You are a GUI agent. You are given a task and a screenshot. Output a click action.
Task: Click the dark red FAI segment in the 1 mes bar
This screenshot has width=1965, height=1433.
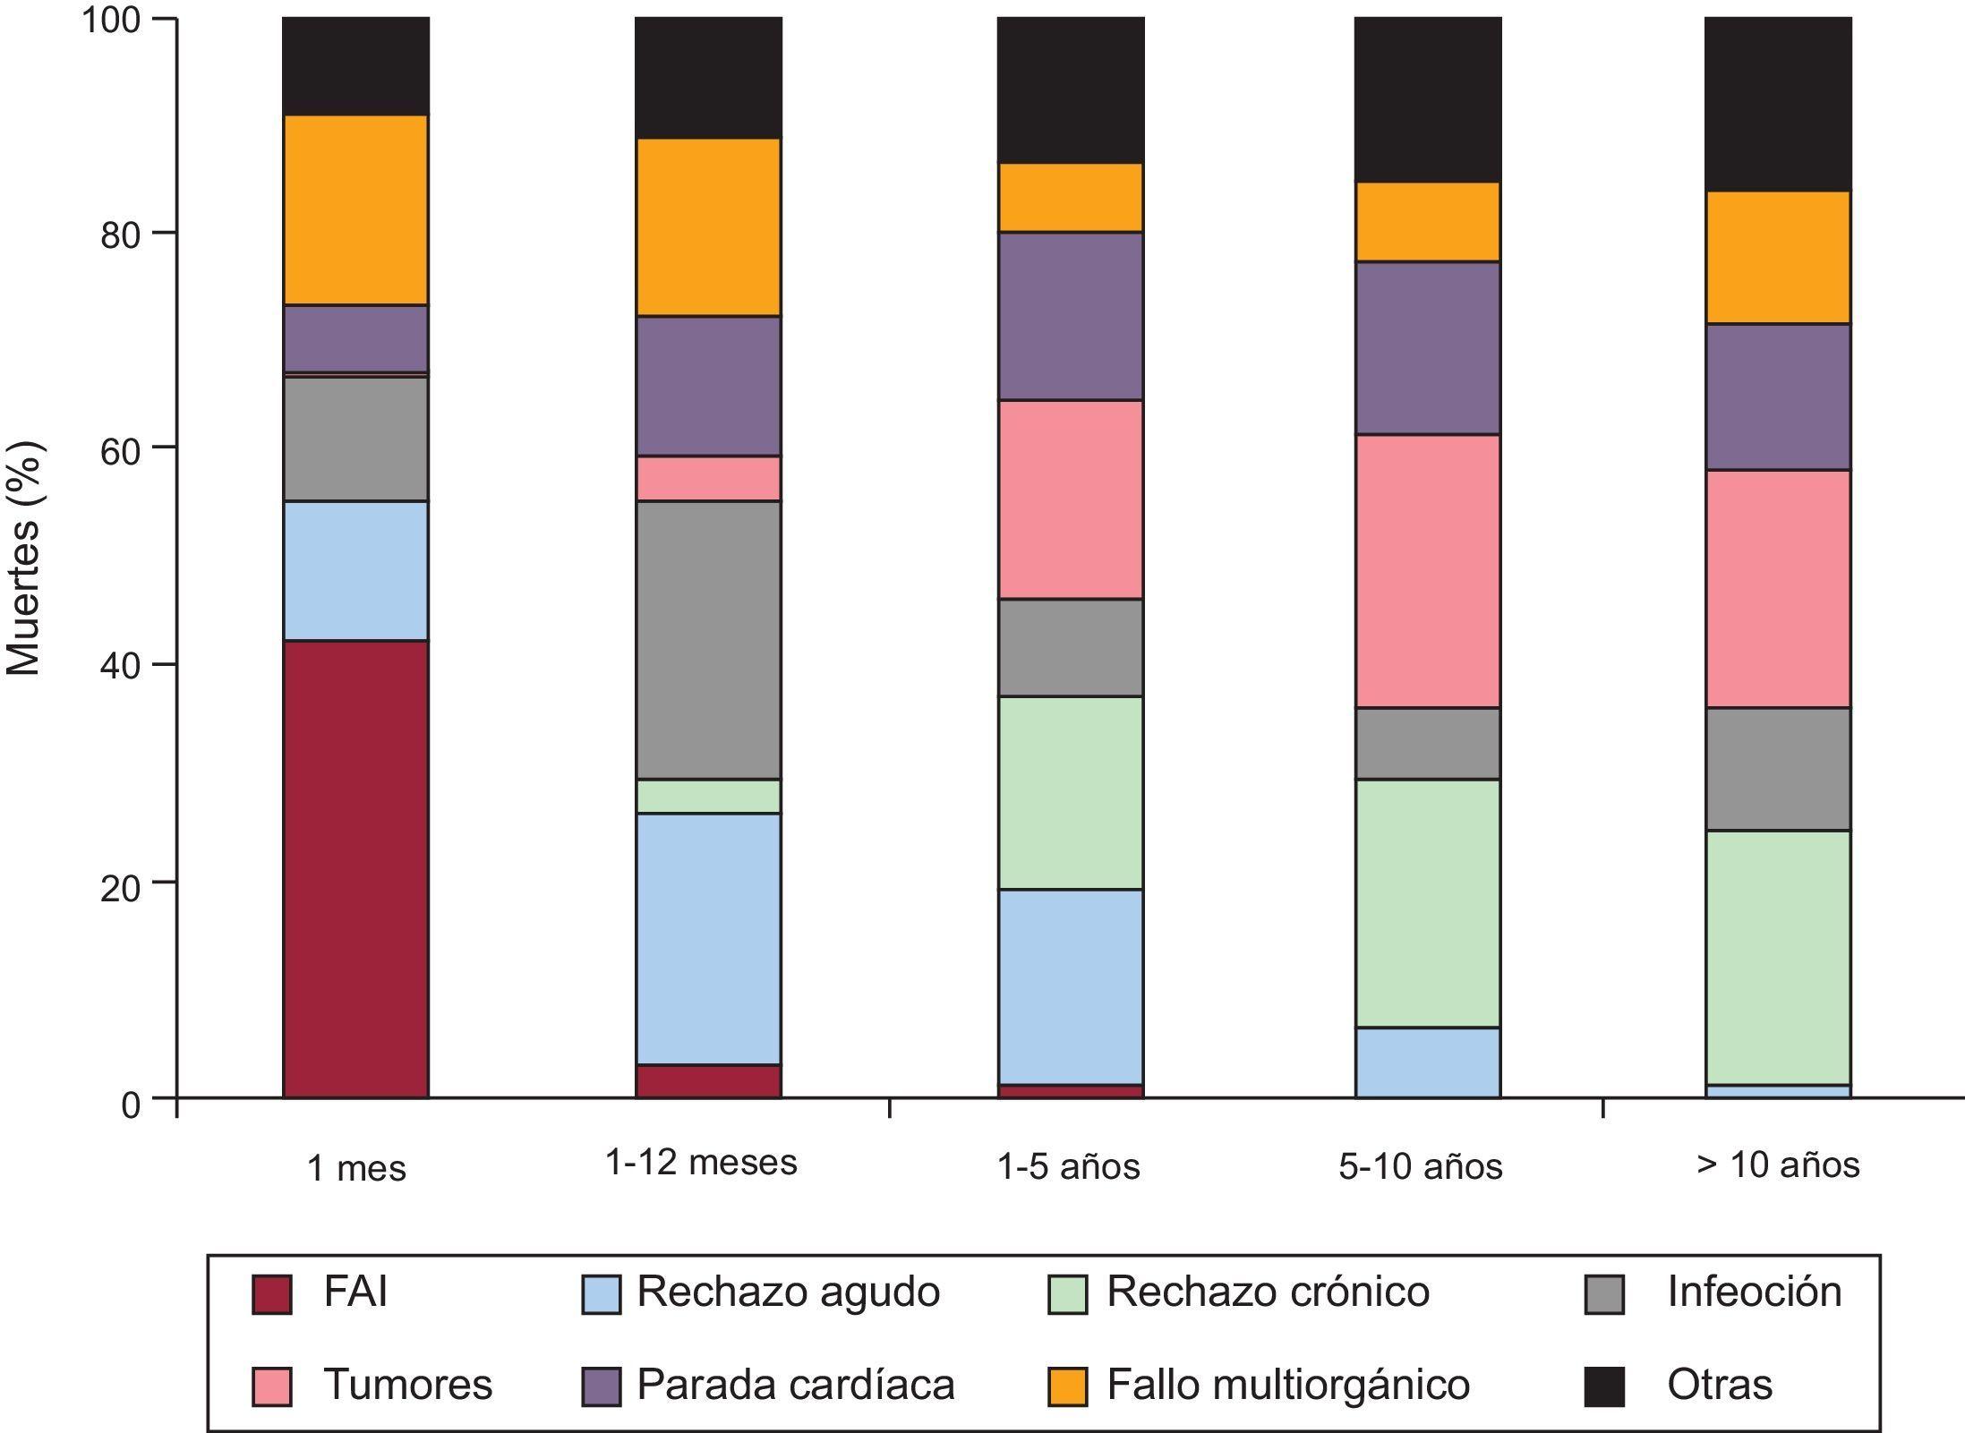(x=355, y=868)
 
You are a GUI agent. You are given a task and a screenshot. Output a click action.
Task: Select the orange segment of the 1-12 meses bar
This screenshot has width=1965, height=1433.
(x=708, y=226)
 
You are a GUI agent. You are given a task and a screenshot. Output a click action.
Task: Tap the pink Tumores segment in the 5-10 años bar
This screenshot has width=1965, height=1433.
(x=1427, y=571)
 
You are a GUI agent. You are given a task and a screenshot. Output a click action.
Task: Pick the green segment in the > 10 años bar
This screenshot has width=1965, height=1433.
(x=1777, y=957)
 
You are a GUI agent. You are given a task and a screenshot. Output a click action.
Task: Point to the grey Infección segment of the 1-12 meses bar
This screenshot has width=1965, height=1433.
(x=708, y=639)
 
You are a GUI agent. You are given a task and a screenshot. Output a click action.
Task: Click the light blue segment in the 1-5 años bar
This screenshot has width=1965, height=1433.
(x=1071, y=986)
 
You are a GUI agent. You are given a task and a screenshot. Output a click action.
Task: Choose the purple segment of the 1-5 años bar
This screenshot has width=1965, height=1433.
(x=1071, y=316)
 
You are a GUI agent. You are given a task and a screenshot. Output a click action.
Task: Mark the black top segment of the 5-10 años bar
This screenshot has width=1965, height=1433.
(x=1427, y=99)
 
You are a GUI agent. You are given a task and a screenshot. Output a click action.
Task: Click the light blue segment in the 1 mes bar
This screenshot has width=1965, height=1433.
(x=355, y=570)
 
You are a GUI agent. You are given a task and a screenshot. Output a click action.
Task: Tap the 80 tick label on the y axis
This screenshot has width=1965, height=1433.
(x=121, y=235)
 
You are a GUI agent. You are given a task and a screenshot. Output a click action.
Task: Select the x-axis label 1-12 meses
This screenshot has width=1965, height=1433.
(x=701, y=1163)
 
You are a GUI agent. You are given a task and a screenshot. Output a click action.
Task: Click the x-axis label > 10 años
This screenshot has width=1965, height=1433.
(x=1777, y=1164)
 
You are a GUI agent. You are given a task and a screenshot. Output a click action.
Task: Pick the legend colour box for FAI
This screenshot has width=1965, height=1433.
(x=272, y=1294)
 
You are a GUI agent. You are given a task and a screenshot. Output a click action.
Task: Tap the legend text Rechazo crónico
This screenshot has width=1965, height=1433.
(x=1268, y=1292)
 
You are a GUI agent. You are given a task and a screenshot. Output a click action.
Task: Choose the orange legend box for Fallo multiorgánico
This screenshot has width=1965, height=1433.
(x=1067, y=1386)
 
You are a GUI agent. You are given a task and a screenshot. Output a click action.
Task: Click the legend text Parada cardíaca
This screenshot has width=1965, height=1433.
(x=795, y=1385)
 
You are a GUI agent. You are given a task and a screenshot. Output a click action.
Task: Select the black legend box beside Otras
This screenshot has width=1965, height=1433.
(x=1604, y=1386)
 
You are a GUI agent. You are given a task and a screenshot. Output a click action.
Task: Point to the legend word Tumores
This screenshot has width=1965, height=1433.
(x=407, y=1385)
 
